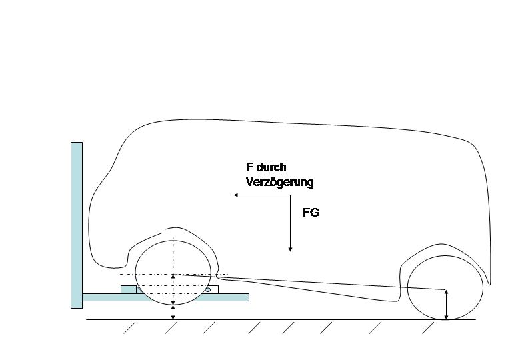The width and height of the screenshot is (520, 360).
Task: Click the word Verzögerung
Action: (x=279, y=182)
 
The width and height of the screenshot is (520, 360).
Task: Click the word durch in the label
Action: (x=271, y=167)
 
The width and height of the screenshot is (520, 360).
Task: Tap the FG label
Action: (x=311, y=213)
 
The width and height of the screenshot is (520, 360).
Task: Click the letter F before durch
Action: (x=249, y=167)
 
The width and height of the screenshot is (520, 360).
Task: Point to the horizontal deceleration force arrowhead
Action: (x=236, y=195)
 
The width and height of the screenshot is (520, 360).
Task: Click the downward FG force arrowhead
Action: (x=290, y=249)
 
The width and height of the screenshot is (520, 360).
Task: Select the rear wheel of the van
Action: (x=445, y=287)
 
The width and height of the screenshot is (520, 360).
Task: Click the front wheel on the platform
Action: (x=173, y=273)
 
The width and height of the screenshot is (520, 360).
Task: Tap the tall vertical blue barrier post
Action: (x=77, y=225)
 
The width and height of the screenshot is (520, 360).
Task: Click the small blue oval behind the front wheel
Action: (x=208, y=290)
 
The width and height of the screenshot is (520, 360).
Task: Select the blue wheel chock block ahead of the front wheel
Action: (x=129, y=289)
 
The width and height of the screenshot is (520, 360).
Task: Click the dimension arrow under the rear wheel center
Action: (x=446, y=305)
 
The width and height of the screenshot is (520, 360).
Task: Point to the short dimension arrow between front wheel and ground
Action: (x=173, y=312)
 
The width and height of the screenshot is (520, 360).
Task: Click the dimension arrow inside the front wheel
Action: (x=173, y=289)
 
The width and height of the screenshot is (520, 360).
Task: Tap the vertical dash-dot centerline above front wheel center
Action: (x=173, y=255)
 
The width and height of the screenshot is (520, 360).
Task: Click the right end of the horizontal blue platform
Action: (x=249, y=297)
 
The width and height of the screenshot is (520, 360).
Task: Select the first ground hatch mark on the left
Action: (x=130, y=327)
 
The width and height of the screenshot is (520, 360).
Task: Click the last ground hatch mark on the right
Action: (x=428, y=327)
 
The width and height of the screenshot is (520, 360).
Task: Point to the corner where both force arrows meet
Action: (x=290, y=195)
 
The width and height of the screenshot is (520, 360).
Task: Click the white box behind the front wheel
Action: (x=214, y=289)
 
